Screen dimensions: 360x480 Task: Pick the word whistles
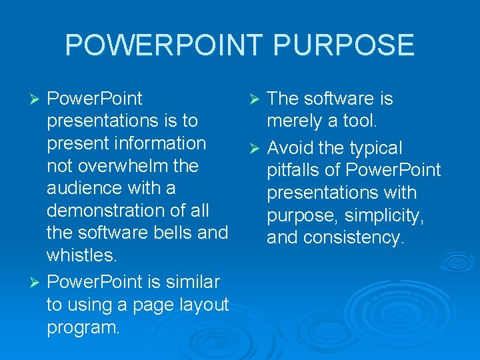point(81,256)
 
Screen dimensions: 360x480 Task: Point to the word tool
point(361,121)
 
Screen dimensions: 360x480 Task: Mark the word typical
point(377,147)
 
